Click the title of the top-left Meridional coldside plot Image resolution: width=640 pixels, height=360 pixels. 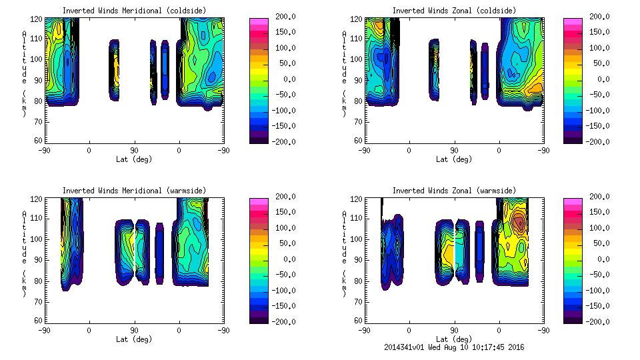[134, 11]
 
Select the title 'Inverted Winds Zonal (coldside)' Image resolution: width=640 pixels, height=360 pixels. [454, 11]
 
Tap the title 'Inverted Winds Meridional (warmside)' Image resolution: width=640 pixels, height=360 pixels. [134, 191]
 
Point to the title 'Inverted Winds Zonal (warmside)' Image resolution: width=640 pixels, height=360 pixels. [454, 191]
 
